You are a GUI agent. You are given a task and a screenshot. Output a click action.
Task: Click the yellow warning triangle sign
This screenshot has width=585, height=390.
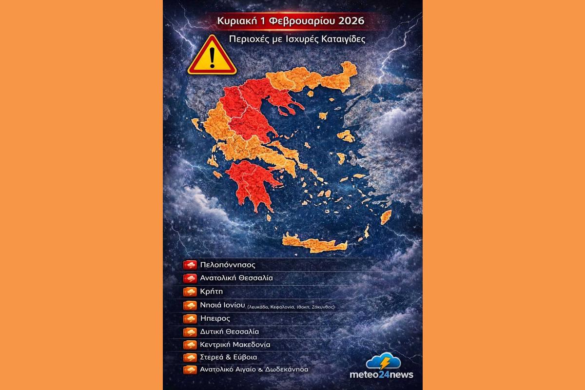coord(212,57)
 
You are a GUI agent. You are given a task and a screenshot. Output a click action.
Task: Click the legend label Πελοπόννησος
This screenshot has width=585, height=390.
coord(228,265)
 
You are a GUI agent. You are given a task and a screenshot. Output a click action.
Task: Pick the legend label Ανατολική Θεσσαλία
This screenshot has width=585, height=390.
coord(236,278)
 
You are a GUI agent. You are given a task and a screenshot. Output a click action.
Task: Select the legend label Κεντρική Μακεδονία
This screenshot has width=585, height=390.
coord(235,345)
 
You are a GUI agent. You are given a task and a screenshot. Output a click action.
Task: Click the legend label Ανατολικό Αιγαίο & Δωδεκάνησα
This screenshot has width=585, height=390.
coord(254,370)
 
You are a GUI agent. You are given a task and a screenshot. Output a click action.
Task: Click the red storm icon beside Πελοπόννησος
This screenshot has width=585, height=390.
coord(190,265)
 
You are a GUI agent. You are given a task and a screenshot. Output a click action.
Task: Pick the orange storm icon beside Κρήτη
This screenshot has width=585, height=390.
coord(190,292)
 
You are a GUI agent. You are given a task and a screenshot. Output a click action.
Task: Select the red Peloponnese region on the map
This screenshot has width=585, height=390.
coord(251,185)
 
